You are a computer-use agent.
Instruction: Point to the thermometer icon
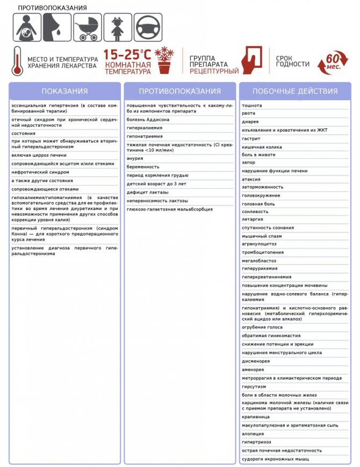pos(17,61)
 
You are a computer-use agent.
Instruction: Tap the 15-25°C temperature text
pos(127,54)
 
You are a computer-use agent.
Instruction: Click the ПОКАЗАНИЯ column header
pos(64,91)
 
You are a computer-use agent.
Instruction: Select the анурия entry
pos(135,158)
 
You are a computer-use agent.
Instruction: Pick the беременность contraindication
pos(143,167)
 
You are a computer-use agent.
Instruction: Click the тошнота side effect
pos(252,106)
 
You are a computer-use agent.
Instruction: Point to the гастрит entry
pos(251,138)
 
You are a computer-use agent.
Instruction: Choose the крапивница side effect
pos(256,417)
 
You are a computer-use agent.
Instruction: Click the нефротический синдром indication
pos(40,172)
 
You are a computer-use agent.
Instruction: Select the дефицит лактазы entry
pos(148,192)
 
